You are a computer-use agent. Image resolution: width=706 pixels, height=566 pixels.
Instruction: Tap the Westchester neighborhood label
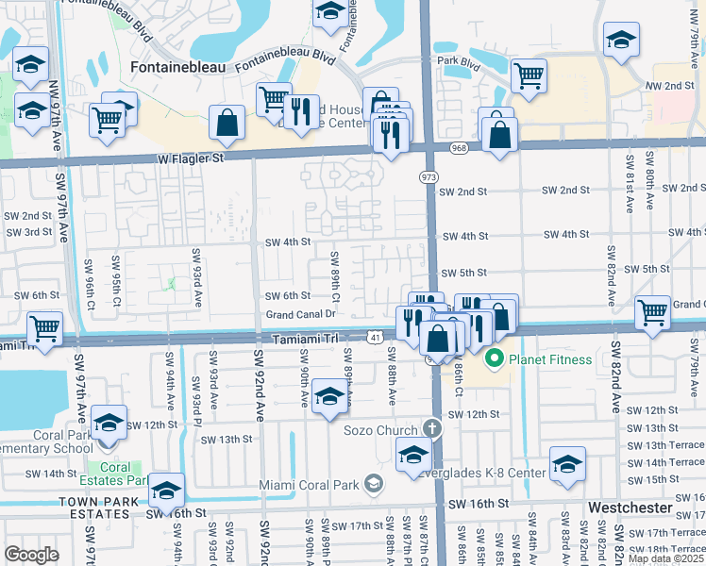[x=630, y=508]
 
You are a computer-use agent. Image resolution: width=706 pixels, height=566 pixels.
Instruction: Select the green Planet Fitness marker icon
[x=492, y=358]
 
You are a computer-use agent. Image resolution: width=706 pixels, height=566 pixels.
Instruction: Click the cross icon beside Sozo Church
[x=432, y=428]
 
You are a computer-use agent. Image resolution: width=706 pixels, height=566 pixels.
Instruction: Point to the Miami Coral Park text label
[x=310, y=486]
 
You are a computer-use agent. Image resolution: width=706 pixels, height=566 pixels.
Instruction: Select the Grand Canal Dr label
[x=301, y=314]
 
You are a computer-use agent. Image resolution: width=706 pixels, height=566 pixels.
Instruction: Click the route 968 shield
[x=460, y=148]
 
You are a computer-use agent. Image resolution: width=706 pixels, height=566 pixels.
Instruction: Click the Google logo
[x=31, y=554]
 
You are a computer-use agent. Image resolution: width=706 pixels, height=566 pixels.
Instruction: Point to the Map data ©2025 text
[x=665, y=558]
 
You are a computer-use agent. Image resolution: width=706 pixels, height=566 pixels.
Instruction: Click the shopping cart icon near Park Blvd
[x=529, y=75]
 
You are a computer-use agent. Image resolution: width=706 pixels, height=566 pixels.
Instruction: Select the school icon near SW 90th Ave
[x=328, y=396]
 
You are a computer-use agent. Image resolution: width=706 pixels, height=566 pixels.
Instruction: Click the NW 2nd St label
[x=669, y=86]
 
